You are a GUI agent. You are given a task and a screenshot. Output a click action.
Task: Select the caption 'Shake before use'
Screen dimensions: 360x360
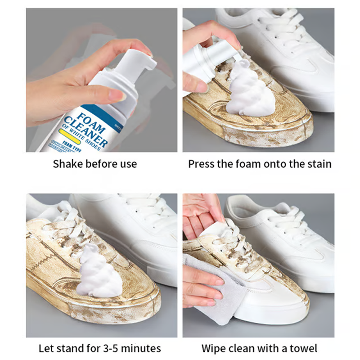[95, 164]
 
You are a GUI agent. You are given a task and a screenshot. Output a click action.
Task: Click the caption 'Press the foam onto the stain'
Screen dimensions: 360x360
[260, 164]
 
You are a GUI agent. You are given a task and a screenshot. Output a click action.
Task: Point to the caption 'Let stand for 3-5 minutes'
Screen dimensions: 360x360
[99, 348]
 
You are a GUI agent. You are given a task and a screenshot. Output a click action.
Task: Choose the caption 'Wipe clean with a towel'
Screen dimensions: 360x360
[259, 348]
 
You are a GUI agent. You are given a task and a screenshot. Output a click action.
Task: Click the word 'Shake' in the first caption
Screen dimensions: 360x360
[66, 164]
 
